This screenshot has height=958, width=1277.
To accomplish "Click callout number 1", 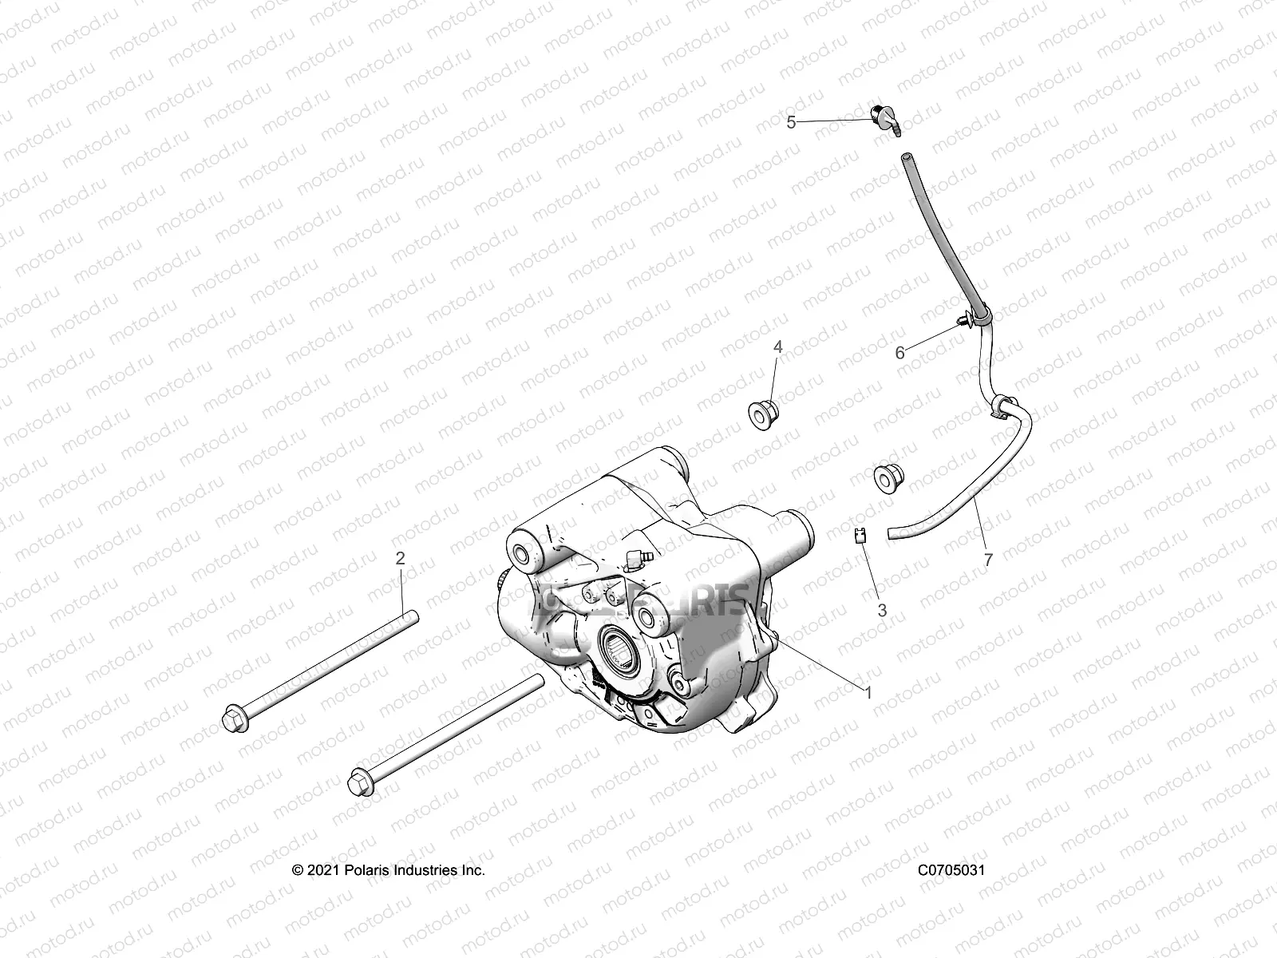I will click(x=868, y=693).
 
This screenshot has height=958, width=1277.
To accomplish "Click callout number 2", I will click(x=401, y=558).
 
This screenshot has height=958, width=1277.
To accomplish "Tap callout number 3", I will click(x=882, y=610).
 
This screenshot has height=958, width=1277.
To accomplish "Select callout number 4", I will click(x=777, y=347).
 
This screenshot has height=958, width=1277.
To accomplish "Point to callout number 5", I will click(x=791, y=122).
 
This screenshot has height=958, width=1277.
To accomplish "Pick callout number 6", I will click(x=900, y=353).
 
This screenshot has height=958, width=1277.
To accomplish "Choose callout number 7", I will click(x=988, y=560).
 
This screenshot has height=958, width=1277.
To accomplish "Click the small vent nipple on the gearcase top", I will click(x=639, y=556).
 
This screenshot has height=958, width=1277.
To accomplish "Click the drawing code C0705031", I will click(x=951, y=870).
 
